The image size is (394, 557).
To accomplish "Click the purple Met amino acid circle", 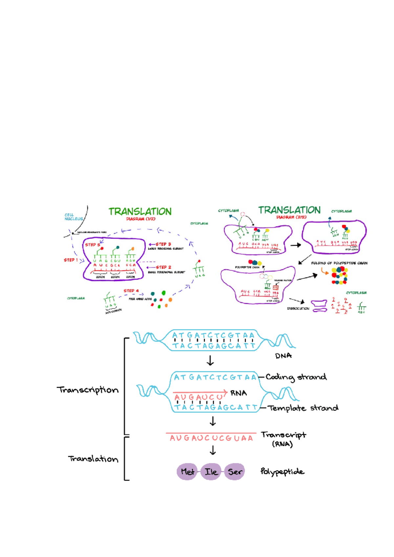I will (187, 472).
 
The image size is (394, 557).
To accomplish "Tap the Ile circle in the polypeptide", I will (211, 472).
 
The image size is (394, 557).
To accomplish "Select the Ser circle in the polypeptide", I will (234, 472).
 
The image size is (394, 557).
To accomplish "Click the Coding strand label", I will (296, 377).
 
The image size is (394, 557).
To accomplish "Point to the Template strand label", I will (303, 408).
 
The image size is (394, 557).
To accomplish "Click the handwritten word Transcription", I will (88, 390).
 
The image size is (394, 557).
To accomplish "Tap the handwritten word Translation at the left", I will (93, 459).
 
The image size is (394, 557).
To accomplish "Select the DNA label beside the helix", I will (283, 356).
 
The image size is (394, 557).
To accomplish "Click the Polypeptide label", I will (282, 472).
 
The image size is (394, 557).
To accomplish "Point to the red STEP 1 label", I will (71, 260).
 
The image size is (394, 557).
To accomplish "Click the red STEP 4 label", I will (131, 291).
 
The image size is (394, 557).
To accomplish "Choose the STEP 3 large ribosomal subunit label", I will (163, 244).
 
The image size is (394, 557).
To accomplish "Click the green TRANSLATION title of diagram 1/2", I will (140, 212).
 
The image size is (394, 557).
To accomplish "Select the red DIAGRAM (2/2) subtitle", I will (291, 217).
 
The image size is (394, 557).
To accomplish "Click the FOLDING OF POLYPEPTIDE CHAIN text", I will (339, 263).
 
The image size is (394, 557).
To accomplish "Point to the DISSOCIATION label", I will (298, 309).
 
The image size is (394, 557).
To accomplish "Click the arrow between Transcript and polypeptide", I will (213, 450).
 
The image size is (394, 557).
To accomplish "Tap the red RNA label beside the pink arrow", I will (239, 393).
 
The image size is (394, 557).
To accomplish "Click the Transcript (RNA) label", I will (283, 439).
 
